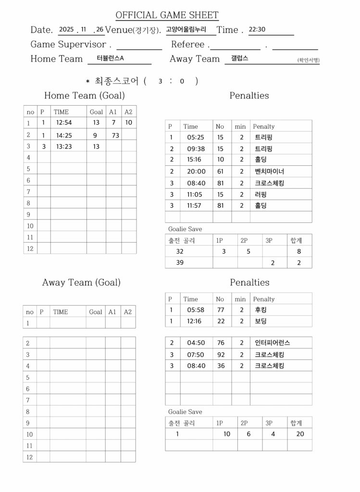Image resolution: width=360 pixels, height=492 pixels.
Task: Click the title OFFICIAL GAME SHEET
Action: coord(167,15)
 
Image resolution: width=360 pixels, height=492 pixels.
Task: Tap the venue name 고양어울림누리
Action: coord(186,29)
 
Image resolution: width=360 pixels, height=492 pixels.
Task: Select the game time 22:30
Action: coord(257,29)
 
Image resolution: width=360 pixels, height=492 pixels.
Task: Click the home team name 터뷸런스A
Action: coord(110,58)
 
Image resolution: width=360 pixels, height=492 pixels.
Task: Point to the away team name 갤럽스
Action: coord(239,58)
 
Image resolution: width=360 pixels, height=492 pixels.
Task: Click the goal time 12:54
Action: coord(64,123)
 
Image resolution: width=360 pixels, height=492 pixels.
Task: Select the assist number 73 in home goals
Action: coord(115,135)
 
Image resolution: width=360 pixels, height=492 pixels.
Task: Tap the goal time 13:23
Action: coord(64,147)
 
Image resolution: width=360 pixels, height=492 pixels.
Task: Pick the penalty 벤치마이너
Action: coord(269,172)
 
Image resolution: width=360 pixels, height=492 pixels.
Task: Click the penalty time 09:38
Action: coord(196,149)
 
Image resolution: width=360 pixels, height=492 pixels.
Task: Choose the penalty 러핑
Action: coord(261,195)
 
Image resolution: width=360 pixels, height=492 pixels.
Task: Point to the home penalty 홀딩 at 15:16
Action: coord(261,160)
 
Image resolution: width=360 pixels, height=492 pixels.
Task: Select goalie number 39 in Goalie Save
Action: coord(180,263)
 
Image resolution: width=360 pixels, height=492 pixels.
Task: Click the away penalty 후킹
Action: coord(261,310)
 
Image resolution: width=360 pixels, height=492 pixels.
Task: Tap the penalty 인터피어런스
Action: coord(272,343)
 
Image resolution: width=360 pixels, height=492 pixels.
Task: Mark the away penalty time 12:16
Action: coord(196,321)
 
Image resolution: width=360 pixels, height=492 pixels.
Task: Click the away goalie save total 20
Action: coord(300,434)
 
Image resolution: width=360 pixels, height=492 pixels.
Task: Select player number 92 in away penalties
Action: coord(221,355)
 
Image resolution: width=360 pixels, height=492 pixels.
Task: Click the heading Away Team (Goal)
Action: coord(81,283)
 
